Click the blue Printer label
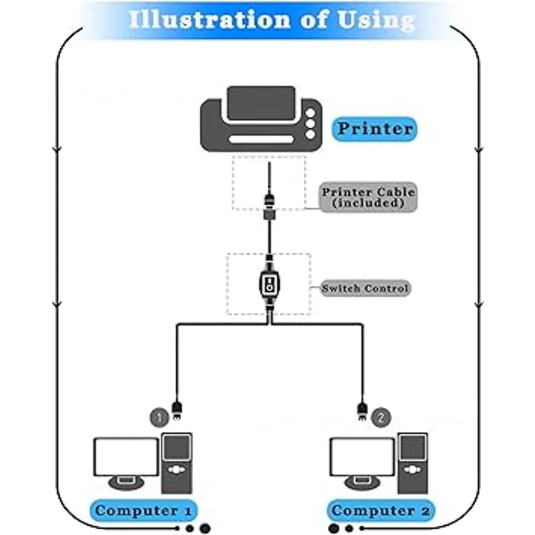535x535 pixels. point(374,129)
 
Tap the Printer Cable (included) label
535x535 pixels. point(368,198)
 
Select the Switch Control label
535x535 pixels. point(365,288)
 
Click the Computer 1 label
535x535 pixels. point(144,510)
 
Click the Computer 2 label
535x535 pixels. point(380,510)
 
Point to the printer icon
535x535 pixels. point(261,119)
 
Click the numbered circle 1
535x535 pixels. point(159,418)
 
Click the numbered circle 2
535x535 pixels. point(380,418)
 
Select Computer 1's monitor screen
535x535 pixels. point(126,457)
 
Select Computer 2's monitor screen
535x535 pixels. point(362,457)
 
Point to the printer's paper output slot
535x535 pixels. point(261,140)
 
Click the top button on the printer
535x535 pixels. point(310,113)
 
